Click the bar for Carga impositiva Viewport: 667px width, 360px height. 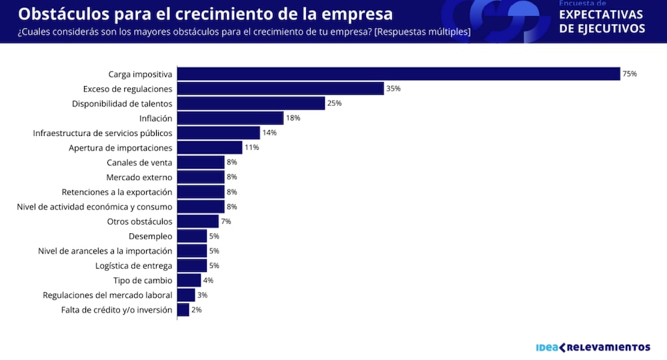398,74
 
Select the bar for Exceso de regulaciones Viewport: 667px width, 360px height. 280,89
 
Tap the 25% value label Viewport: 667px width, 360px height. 334,103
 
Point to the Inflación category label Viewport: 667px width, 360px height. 155,118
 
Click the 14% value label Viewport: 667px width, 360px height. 269,133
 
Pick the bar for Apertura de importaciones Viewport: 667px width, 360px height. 209,147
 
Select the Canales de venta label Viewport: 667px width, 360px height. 139,162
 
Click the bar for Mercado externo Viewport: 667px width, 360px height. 201,177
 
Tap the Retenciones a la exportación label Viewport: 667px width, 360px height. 117,192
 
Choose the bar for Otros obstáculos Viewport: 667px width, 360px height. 197,221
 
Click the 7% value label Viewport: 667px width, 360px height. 225,221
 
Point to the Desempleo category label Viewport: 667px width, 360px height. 150,236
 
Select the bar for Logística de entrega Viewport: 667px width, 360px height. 192,265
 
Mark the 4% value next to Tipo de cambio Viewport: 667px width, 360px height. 208,281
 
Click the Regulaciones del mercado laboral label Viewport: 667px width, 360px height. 107,295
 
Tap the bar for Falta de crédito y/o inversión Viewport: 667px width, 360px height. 183,310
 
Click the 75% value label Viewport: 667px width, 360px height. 630,74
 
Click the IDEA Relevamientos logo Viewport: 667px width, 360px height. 593,347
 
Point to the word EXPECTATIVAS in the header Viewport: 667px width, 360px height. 601,15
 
